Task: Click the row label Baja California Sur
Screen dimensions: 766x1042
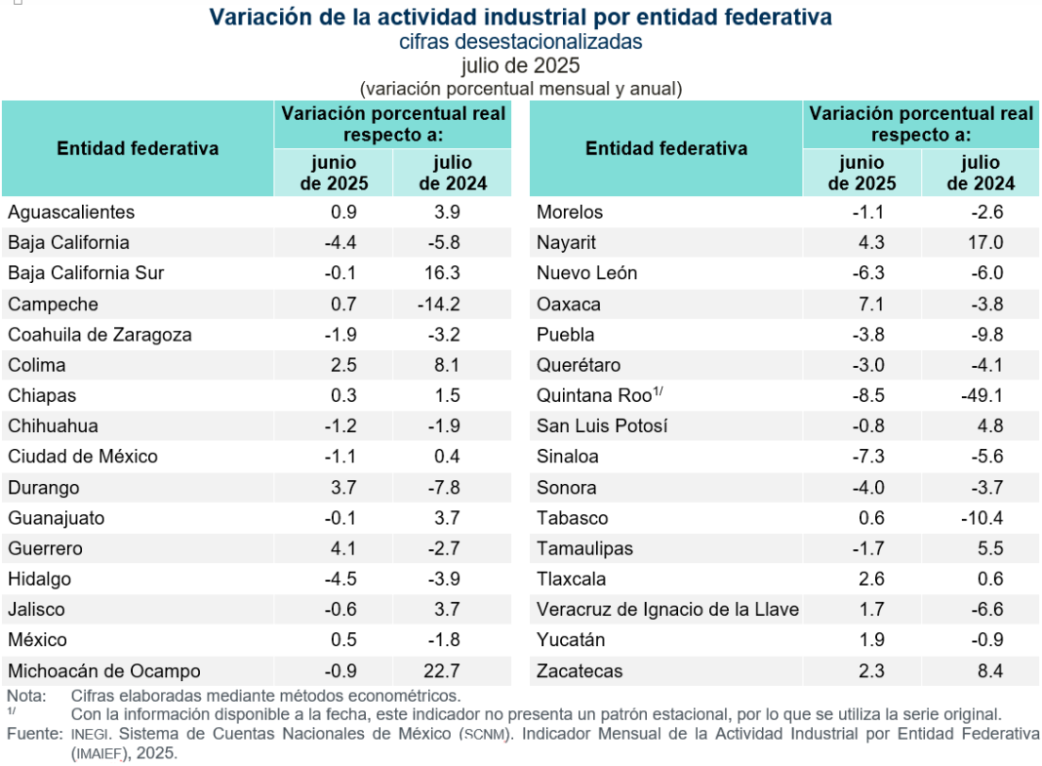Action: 86,273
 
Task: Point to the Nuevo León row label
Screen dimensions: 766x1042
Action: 586,273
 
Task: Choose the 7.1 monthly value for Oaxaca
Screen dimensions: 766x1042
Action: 870,304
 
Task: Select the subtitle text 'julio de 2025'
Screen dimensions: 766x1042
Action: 520,65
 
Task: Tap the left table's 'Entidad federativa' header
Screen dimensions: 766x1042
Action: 138,148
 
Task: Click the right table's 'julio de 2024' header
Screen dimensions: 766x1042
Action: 981,173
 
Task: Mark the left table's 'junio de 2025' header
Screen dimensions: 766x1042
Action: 334,173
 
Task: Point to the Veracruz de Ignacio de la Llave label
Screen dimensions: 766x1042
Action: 667,610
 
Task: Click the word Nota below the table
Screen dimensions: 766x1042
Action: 25,696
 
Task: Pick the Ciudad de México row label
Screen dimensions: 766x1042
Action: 83,457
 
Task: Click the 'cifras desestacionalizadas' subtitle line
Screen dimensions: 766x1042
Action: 520,42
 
